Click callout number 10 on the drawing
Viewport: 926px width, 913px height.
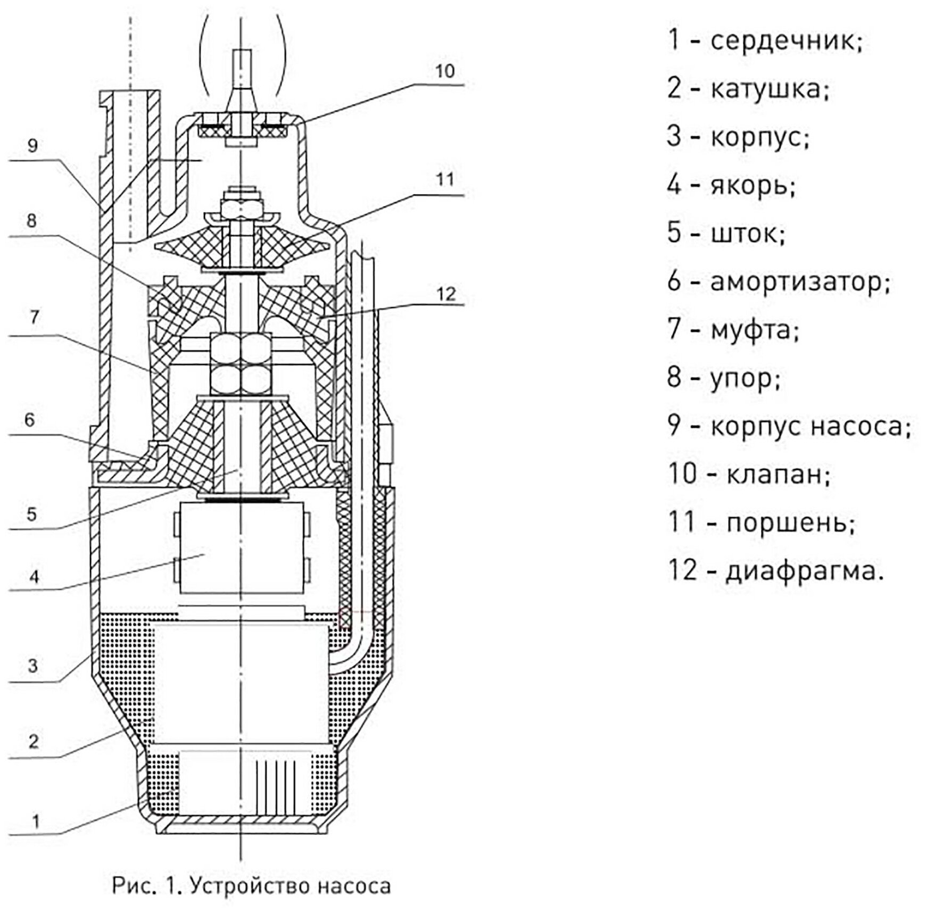coord(445,71)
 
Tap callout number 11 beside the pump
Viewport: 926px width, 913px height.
coord(445,180)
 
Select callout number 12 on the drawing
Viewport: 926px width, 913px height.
coord(446,293)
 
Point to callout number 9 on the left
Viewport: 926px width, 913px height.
coord(32,145)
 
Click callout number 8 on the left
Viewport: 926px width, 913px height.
coord(31,220)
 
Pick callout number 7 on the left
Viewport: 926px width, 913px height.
coord(34,318)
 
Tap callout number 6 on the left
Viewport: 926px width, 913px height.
coord(30,420)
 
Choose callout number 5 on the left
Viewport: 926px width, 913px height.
coord(32,514)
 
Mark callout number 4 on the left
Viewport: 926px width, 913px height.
coord(34,577)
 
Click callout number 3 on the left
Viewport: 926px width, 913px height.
coord(33,665)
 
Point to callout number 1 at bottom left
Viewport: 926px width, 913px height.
coord(36,821)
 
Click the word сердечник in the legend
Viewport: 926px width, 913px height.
coord(786,40)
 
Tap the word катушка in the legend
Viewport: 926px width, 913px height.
coord(769,89)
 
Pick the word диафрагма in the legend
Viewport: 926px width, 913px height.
coord(804,571)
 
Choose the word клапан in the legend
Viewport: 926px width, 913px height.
coord(778,475)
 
